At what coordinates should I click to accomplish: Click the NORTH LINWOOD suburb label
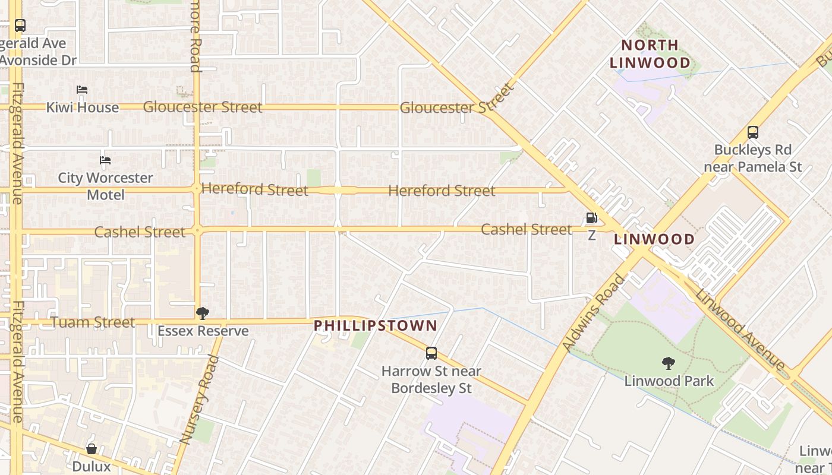point(651,53)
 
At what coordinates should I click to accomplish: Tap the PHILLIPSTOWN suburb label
point(375,325)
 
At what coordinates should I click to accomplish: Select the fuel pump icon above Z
point(591,218)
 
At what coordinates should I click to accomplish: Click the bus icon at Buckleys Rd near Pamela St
point(752,132)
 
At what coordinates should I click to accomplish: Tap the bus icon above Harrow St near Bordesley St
point(431,353)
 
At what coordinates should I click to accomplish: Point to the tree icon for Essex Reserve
point(202,313)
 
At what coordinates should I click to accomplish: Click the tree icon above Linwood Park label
point(668,363)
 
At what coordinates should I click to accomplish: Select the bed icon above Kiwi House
point(82,90)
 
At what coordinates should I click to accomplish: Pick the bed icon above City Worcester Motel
point(105,160)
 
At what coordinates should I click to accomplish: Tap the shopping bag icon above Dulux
point(92,449)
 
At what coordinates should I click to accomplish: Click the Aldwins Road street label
point(594,312)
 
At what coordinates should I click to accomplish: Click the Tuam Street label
point(93,322)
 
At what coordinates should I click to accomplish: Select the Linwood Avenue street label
point(740,330)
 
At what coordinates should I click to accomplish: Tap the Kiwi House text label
point(83,107)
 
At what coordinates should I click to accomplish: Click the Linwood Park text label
point(669,381)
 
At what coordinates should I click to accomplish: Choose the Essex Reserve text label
point(203,331)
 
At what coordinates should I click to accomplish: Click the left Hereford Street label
point(254,189)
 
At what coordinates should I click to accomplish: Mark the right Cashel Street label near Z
point(526,229)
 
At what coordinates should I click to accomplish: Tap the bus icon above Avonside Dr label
point(20,26)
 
